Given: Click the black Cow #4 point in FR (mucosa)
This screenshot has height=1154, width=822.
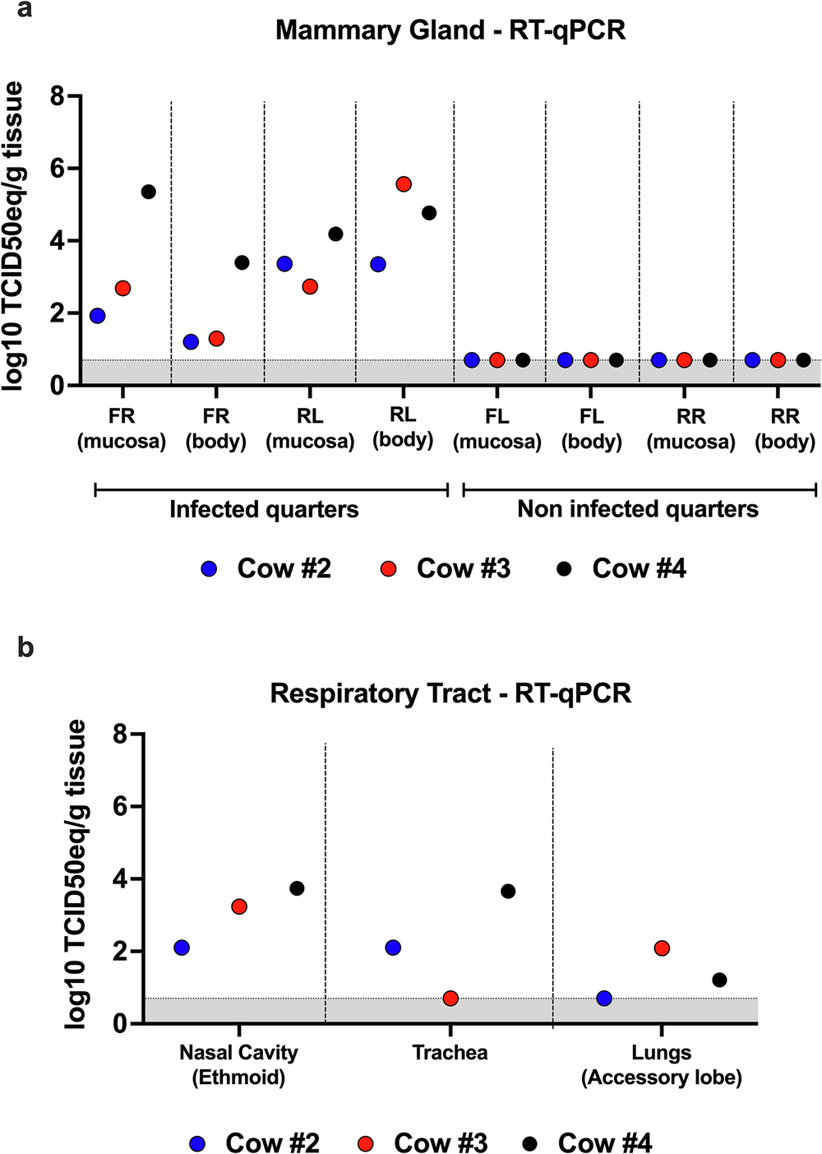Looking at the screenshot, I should coord(148,192).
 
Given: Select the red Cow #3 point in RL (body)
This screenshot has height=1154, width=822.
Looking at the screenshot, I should coord(404,184).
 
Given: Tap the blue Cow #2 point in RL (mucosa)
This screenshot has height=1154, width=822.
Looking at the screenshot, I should coord(284,264).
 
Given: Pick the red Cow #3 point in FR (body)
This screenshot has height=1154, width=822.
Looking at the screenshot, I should coord(216,338).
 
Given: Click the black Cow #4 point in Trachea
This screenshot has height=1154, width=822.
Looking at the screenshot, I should coord(508,891).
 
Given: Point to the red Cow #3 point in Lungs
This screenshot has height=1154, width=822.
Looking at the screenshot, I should coord(662,948).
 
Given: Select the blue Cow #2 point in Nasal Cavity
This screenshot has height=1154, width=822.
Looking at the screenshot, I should coord(182,948).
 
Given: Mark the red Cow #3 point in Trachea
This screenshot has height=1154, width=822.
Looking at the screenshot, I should coord(450,999).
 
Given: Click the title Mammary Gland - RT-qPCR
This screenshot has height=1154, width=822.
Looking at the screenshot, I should coord(450,30).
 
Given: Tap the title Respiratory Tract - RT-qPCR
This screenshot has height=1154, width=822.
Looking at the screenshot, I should coord(450,693).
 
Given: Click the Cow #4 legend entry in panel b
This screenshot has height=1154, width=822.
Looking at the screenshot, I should coord(588,1142).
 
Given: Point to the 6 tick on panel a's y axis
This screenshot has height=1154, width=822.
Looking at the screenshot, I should coord(57,169).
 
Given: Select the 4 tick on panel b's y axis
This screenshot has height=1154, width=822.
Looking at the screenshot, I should coord(120,879).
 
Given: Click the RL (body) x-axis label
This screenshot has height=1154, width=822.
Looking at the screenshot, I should coord(403,428).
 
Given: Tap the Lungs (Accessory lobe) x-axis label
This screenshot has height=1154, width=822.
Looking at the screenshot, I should coord(662,1065).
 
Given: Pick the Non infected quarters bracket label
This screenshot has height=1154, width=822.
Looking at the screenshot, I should coord(638,509).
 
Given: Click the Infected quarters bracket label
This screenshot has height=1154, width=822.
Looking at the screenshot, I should coord(264,509).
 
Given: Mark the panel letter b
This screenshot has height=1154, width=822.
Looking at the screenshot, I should coord(25,647).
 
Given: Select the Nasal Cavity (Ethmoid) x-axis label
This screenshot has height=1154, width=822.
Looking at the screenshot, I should coord(238,1065).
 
